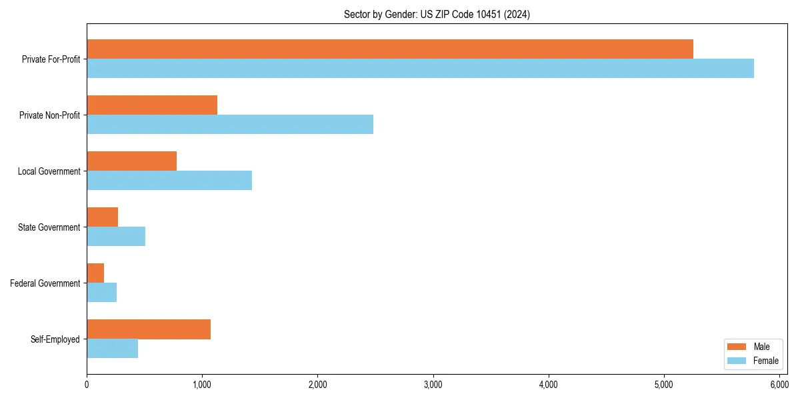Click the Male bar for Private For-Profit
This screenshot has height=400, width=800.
[390, 49]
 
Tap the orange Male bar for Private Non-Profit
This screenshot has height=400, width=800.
[152, 105]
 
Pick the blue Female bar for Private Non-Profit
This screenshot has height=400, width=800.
[230, 125]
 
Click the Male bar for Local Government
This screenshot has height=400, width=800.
[131, 161]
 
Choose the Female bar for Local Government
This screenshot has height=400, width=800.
[169, 181]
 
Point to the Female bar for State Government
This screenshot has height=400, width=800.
[116, 237]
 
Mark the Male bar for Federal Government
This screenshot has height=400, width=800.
[95, 273]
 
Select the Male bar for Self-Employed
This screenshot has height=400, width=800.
[149, 329]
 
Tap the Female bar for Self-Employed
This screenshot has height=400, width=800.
[112, 349]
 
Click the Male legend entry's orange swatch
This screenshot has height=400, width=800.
[737, 347]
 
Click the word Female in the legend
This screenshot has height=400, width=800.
[765, 361]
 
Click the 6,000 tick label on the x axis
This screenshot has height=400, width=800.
[779, 385]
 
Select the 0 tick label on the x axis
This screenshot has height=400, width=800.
[87, 385]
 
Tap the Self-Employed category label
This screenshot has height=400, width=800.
[55, 339]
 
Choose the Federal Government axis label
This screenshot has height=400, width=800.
[45, 283]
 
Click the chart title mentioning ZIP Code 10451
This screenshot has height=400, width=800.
[437, 14]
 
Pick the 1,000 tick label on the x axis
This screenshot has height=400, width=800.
[202, 385]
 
